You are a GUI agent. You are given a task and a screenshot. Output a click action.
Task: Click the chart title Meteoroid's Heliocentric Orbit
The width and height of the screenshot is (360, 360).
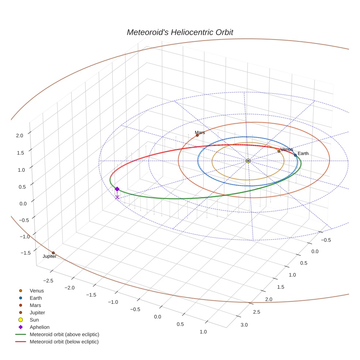(180, 32)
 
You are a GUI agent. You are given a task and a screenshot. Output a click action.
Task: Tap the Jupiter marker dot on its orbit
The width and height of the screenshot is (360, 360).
(53, 253)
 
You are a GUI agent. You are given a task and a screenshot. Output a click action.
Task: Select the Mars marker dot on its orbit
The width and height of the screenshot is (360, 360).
(197, 135)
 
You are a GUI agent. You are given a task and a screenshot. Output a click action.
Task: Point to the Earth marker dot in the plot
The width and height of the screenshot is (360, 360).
(295, 155)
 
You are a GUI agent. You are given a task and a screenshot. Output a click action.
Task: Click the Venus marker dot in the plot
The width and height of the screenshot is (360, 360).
(279, 151)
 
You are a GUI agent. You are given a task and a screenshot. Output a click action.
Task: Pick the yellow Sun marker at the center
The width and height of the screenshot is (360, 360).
(248, 161)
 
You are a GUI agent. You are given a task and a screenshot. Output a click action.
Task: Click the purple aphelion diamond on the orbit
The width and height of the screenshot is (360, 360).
(117, 189)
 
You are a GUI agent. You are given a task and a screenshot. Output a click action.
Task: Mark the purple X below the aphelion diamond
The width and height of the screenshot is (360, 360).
(117, 197)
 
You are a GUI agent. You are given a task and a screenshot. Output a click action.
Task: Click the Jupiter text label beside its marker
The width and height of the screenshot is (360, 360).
(49, 256)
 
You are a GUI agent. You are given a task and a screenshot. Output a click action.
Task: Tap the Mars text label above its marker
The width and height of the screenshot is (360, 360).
(200, 132)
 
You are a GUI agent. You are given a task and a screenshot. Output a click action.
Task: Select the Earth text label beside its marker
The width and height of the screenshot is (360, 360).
(303, 153)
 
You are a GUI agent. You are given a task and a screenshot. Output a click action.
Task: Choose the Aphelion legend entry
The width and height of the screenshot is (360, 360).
(39, 327)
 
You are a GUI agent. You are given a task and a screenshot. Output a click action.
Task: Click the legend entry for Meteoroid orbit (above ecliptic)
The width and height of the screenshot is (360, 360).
(64, 334)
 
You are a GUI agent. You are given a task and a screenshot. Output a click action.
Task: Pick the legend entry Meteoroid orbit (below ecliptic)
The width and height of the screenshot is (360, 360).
(64, 342)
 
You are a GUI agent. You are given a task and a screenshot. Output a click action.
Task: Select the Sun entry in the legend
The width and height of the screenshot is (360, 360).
(34, 320)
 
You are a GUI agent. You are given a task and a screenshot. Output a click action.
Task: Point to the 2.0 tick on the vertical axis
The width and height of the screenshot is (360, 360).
(19, 135)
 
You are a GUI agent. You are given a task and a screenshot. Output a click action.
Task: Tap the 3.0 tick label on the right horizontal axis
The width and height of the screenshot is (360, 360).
(244, 325)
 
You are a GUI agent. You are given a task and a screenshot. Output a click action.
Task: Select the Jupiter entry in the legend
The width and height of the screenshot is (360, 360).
(37, 312)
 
